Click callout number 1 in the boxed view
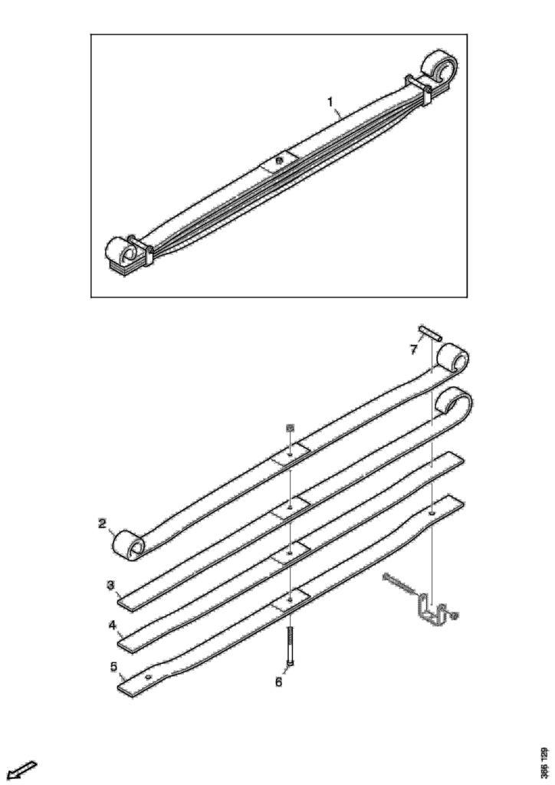(x=330, y=102)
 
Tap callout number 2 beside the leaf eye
(x=102, y=524)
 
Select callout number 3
(x=110, y=585)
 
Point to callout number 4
(x=113, y=626)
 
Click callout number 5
(x=113, y=666)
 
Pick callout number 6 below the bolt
(x=278, y=682)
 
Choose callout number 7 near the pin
(x=413, y=350)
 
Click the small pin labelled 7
(x=430, y=333)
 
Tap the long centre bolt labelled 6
(x=290, y=646)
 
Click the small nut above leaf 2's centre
(x=289, y=428)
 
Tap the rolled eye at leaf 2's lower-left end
(x=128, y=545)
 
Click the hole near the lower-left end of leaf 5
(x=148, y=678)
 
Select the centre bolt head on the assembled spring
(x=279, y=160)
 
